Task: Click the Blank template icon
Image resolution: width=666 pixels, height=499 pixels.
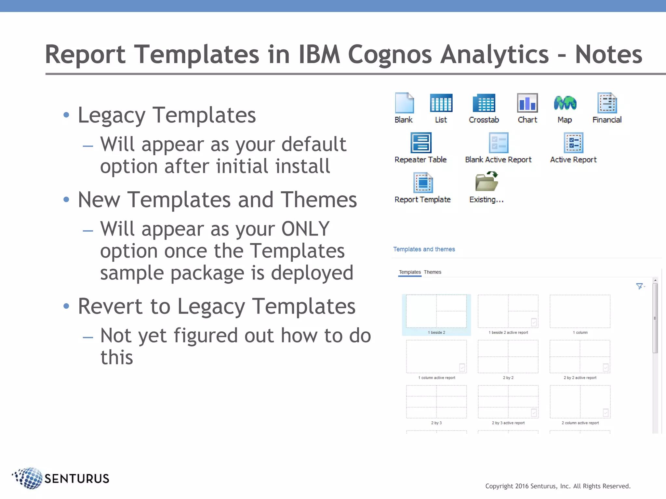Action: point(404,103)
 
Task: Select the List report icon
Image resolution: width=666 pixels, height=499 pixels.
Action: point(441,103)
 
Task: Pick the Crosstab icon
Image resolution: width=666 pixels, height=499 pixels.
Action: point(484,103)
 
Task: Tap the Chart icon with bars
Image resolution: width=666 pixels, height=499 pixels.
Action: point(527,103)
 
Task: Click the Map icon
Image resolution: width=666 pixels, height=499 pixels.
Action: point(565,103)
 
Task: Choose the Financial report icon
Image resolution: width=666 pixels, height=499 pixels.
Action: point(607,103)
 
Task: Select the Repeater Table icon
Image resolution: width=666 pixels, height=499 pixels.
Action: point(421,143)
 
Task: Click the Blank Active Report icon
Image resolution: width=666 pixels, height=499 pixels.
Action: point(498,143)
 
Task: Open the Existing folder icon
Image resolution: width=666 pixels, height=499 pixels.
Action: point(486,182)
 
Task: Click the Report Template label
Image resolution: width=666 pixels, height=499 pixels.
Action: point(422,199)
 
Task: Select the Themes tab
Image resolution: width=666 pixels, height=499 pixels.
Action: point(432,272)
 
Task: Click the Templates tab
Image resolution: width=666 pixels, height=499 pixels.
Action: point(410,272)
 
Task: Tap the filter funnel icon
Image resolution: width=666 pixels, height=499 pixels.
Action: point(639,286)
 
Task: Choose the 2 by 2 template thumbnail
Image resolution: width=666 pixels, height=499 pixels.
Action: point(508,356)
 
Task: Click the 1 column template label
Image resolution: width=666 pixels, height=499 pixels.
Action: point(580,332)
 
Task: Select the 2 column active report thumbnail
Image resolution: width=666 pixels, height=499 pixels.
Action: point(580,402)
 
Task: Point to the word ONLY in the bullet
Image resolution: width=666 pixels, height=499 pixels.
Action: point(305,229)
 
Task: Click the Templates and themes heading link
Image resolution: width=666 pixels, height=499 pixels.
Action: point(424,249)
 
